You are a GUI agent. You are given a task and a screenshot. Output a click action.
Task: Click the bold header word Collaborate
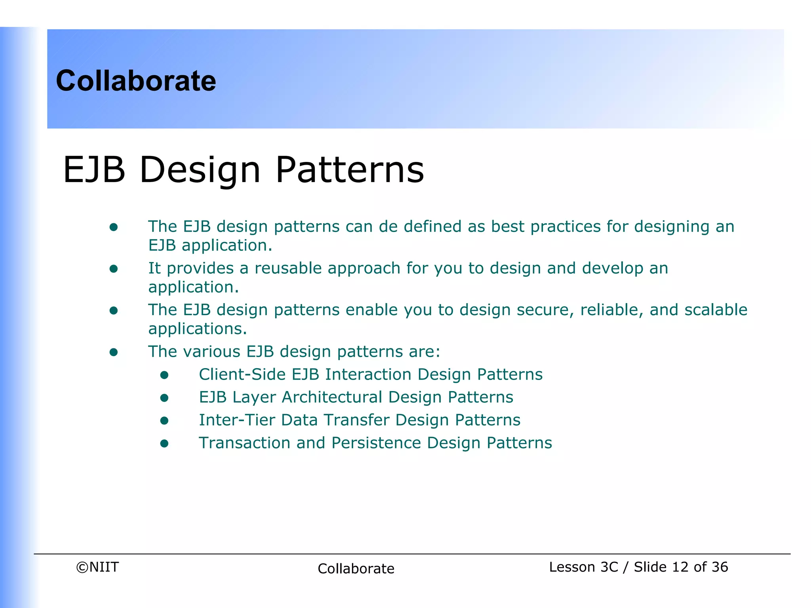point(136,81)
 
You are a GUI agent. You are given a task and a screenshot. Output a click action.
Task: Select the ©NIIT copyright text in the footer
point(97,567)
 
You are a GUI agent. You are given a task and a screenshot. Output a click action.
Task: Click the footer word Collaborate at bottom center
point(356,568)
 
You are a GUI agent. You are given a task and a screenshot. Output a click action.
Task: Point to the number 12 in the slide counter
point(680,567)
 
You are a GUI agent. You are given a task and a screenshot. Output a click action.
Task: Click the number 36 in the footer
point(720,567)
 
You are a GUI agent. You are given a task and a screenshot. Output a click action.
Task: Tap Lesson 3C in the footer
point(583,567)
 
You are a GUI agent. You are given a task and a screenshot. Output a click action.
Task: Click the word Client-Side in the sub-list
point(242,374)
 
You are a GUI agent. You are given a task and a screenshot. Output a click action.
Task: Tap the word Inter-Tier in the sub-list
point(236,420)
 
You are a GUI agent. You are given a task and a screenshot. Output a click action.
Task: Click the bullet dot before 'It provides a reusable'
point(114,269)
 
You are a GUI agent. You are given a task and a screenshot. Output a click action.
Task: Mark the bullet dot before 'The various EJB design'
point(114,352)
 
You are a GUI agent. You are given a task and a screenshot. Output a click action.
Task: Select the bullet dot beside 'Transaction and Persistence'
point(164,444)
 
